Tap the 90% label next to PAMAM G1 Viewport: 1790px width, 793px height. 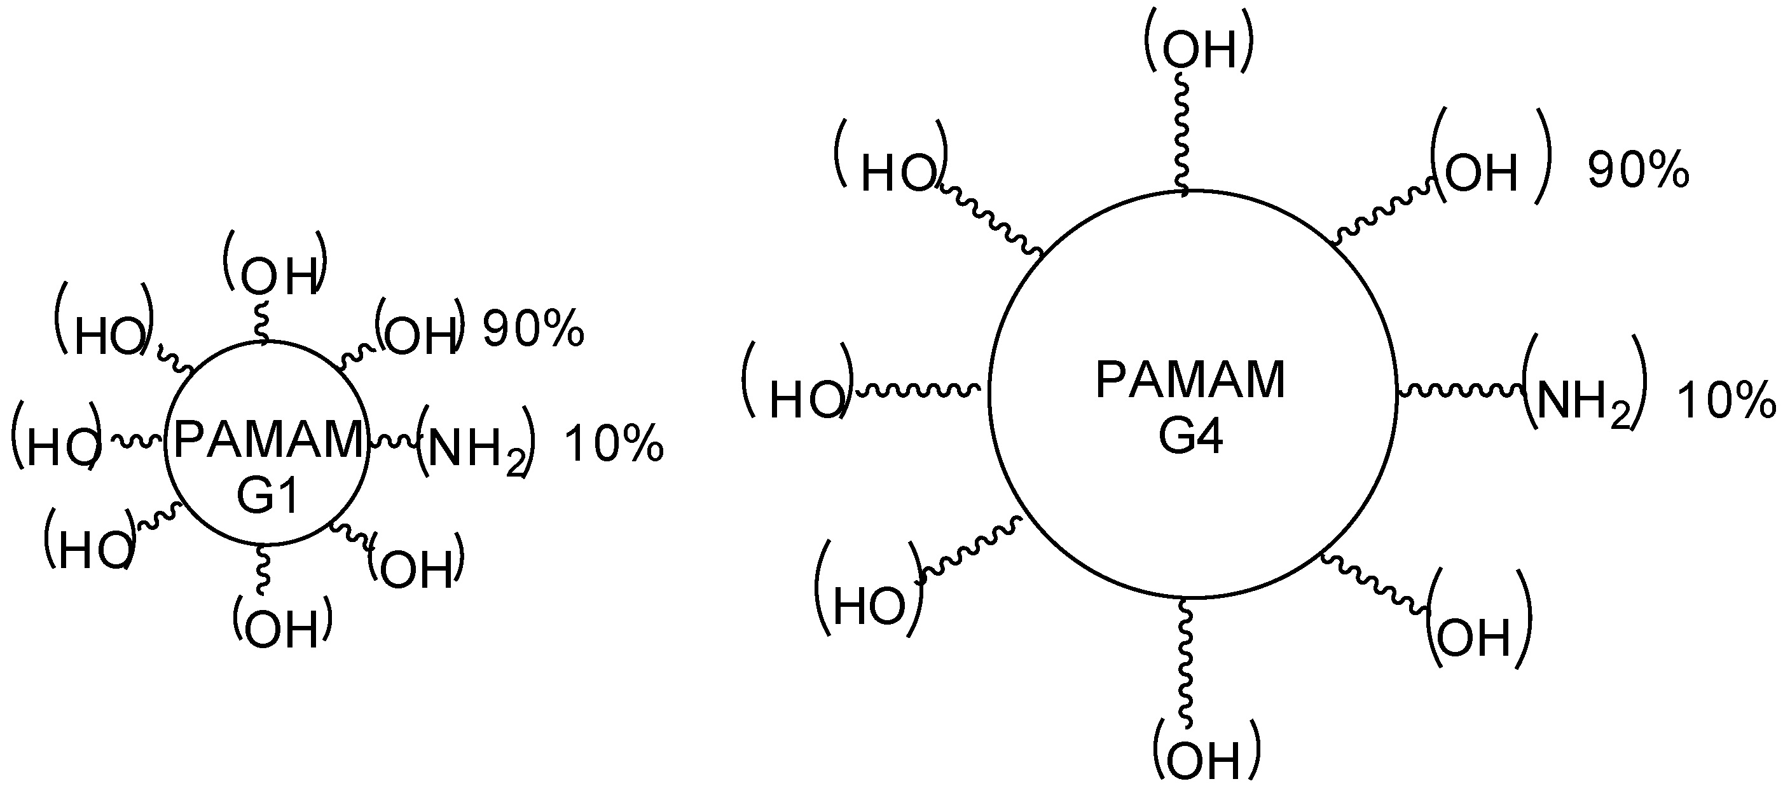(533, 329)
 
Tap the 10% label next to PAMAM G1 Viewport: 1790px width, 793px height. (614, 444)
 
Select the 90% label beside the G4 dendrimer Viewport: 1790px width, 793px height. (1638, 170)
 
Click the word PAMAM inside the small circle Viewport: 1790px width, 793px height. (268, 440)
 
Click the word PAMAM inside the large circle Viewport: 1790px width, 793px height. (1190, 380)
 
